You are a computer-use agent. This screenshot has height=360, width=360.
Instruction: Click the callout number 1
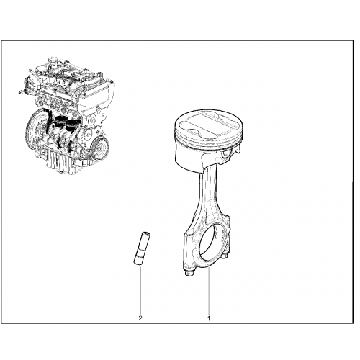209,319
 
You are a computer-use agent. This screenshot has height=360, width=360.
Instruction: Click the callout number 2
140,318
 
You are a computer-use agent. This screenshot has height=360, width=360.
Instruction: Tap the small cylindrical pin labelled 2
141,248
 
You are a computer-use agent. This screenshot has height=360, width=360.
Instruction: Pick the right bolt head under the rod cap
225,256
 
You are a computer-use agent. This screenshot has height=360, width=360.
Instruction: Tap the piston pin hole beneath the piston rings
226,153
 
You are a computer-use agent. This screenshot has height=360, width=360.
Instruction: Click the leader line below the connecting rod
209,291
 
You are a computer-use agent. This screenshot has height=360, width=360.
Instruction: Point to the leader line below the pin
140,289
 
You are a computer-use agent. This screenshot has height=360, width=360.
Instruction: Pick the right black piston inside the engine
72,125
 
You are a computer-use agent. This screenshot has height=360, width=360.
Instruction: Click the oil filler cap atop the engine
52,59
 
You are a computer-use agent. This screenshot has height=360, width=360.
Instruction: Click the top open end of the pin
145,233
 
